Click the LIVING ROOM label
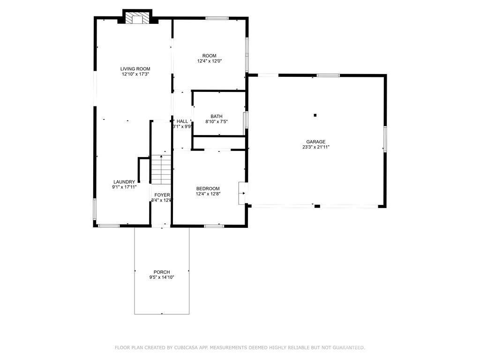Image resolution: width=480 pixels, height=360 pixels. [135, 69]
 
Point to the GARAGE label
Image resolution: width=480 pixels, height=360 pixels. [316, 142]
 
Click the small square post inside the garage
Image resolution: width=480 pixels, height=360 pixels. [315, 115]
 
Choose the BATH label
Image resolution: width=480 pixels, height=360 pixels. [217, 116]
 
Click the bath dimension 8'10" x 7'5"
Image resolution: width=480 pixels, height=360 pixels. [217, 122]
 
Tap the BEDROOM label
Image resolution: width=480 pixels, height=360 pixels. [208, 189]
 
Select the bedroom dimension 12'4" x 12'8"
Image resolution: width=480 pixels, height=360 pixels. [208, 194]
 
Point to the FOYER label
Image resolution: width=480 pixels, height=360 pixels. [162, 195]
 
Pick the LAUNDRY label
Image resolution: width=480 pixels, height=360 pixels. [124, 182]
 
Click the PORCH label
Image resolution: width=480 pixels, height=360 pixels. [162, 272]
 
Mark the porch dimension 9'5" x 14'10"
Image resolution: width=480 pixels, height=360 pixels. [162, 277]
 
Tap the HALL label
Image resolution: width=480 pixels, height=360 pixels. [182, 121]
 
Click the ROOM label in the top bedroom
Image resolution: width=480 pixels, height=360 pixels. [209, 56]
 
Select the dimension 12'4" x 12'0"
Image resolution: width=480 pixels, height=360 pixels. [209, 61]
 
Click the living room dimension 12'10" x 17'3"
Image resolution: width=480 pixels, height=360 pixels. [135, 74]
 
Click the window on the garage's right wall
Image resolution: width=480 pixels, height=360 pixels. [385, 139]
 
